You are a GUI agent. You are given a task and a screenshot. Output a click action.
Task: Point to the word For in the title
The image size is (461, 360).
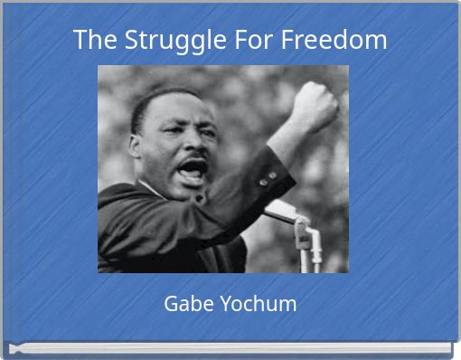(255, 40)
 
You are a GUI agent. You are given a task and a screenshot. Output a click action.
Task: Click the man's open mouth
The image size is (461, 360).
(193, 168)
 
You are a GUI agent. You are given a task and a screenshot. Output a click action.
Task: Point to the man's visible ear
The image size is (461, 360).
(138, 146)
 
